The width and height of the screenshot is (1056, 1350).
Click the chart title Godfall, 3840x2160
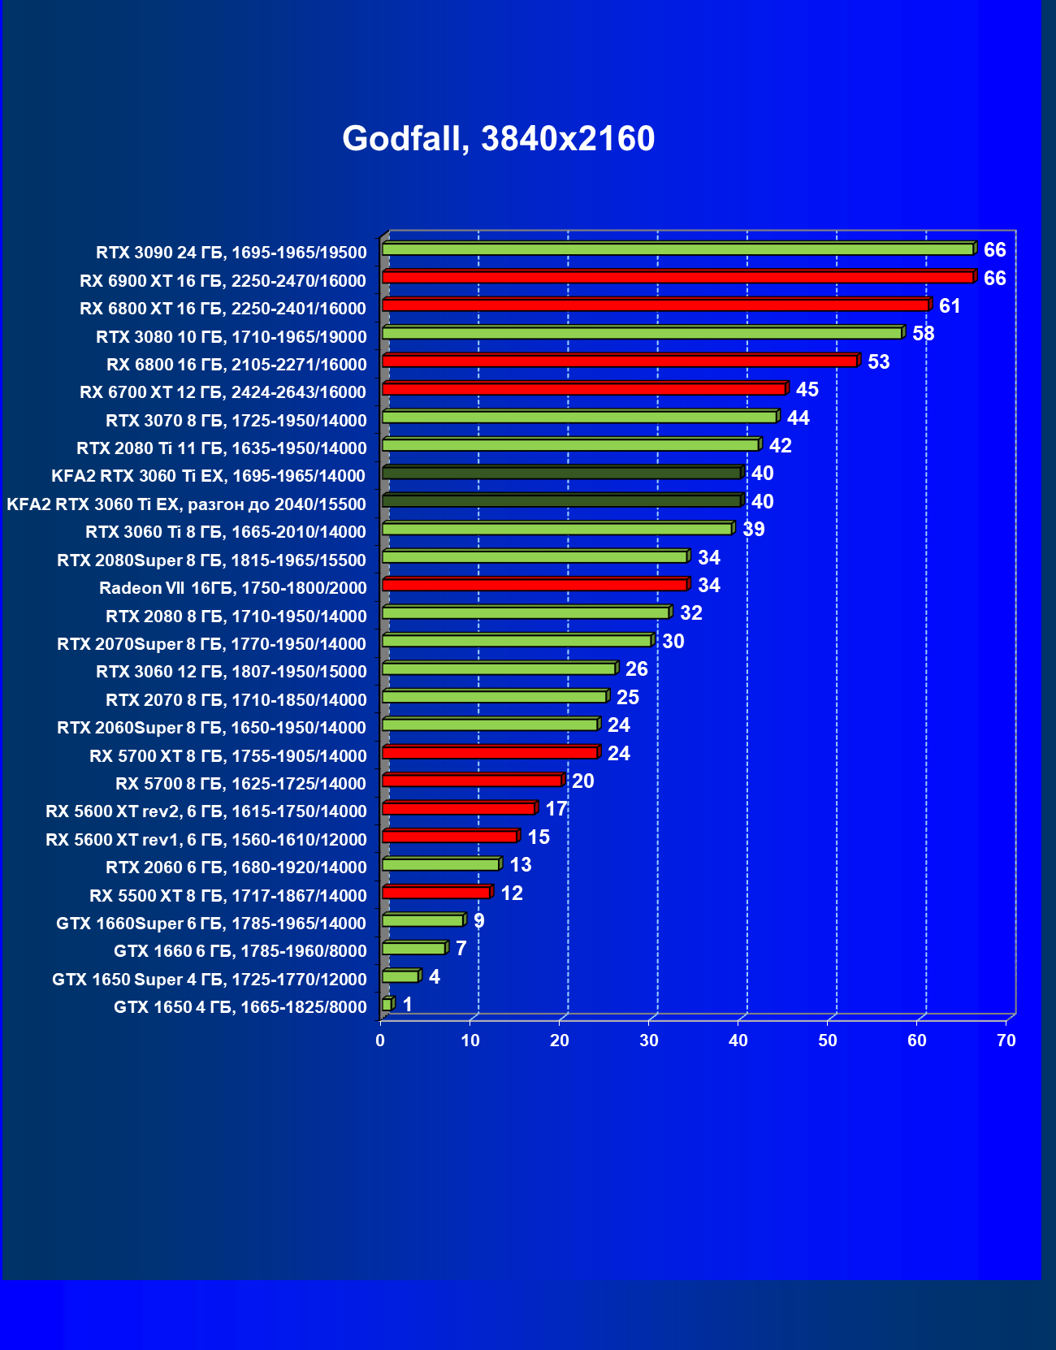click(x=498, y=139)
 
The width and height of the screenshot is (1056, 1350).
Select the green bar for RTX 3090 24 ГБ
click(x=677, y=249)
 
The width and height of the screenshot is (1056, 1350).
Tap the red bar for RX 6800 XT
click(x=655, y=305)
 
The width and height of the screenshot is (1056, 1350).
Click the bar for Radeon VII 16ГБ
click(x=534, y=585)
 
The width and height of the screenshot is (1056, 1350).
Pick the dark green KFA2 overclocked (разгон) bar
click(x=561, y=501)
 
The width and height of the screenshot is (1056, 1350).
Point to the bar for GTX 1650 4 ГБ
click(x=387, y=1005)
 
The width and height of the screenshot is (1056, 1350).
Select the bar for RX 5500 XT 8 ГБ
click(x=436, y=893)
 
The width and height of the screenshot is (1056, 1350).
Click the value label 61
click(x=950, y=306)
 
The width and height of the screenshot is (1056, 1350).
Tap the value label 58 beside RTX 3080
click(x=923, y=334)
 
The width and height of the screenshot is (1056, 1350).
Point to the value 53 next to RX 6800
click(x=878, y=362)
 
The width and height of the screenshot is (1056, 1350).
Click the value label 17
click(x=556, y=809)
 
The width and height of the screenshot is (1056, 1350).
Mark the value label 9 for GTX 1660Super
click(x=479, y=921)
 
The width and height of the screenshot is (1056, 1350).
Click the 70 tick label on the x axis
click(x=1006, y=1041)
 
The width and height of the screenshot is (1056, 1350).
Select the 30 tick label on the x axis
click(x=648, y=1041)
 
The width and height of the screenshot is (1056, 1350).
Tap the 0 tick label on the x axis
click(x=380, y=1041)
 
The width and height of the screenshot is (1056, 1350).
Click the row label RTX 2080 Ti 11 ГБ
click(x=221, y=448)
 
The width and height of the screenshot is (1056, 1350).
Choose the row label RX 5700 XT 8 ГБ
click(x=227, y=756)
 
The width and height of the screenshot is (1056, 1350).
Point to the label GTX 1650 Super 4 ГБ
click(x=209, y=980)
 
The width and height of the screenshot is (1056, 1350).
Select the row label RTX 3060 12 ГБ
click(x=231, y=672)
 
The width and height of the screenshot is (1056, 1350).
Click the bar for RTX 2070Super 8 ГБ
click(x=517, y=641)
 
